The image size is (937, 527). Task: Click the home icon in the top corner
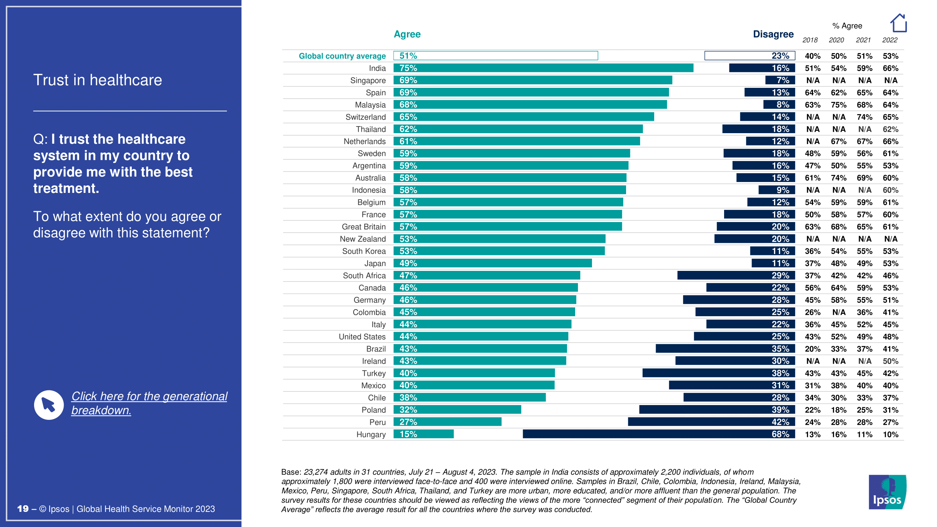click(x=898, y=23)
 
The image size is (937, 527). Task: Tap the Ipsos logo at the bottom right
click(x=887, y=492)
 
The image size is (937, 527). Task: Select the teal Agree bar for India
click(x=543, y=68)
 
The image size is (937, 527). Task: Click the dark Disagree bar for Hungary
click(x=658, y=434)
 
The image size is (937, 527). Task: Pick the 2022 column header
click(x=890, y=40)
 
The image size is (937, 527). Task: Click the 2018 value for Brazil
click(x=812, y=349)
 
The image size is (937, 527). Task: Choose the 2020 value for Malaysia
click(x=838, y=105)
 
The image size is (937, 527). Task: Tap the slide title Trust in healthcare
click(x=97, y=80)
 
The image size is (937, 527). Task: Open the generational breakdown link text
click(x=149, y=403)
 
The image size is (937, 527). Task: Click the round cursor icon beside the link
click(x=49, y=405)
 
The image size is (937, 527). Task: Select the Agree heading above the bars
click(x=407, y=34)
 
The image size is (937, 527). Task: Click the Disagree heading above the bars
click(x=773, y=34)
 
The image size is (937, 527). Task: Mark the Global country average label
click(x=342, y=56)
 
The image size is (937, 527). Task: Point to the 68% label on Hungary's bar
click(x=780, y=434)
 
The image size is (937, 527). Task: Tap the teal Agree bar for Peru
click(x=447, y=422)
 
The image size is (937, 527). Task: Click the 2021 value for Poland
click(x=864, y=410)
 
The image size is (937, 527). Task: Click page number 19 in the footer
click(x=22, y=509)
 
